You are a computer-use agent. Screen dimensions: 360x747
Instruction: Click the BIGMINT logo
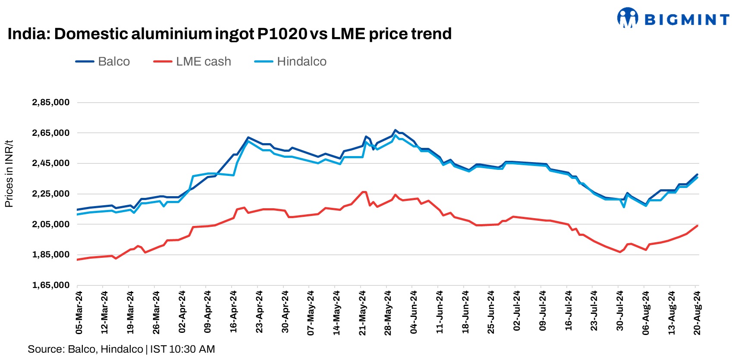[673, 19]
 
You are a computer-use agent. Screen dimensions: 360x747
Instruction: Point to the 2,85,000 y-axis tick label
[50, 103]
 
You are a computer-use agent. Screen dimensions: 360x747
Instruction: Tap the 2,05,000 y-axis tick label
[50, 224]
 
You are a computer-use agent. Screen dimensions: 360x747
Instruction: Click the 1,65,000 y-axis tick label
[50, 285]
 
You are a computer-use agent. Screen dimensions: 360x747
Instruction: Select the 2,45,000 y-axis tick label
[50, 163]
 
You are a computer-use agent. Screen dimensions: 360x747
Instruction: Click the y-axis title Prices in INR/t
[9, 174]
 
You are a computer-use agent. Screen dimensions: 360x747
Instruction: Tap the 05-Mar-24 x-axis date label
[79, 313]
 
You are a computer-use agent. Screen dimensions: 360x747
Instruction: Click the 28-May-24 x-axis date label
[388, 313]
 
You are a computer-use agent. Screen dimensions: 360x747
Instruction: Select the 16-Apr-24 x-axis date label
[233, 312]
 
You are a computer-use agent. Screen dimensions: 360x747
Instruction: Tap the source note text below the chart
[121, 349]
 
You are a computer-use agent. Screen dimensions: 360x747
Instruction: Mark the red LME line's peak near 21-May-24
[364, 192]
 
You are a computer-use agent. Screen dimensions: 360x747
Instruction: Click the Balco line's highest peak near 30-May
[395, 130]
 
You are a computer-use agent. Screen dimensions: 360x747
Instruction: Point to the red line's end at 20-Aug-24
[697, 225]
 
